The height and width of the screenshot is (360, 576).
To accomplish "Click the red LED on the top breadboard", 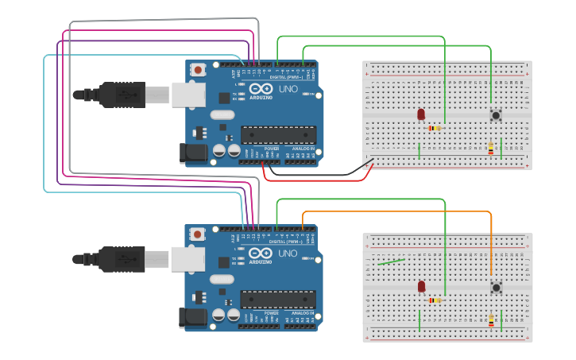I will pyautogui.click(x=421, y=114).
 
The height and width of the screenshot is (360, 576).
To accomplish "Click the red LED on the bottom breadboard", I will pyautogui.click(x=421, y=286).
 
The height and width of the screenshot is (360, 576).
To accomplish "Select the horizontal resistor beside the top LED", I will pyautogui.click(x=434, y=128).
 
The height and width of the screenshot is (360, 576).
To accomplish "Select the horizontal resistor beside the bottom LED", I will pyautogui.click(x=435, y=300).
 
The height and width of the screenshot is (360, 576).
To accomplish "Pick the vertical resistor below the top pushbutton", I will pyautogui.click(x=491, y=148).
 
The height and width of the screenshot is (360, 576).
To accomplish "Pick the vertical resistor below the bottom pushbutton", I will pyautogui.click(x=491, y=321).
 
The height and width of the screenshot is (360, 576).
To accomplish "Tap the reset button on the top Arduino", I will pyautogui.click(x=197, y=70).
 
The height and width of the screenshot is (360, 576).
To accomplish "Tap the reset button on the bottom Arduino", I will pyautogui.click(x=197, y=234).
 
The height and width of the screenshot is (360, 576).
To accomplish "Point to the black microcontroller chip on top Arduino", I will pyautogui.click(x=278, y=136).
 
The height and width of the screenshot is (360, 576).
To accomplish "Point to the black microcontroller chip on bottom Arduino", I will pyautogui.click(x=278, y=300).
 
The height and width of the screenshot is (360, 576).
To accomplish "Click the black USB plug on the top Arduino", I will pyautogui.click(x=111, y=95).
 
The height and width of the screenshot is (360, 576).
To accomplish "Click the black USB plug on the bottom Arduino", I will pyautogui.click(x=111, y=259).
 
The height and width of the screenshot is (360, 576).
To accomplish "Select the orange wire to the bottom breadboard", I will pyautogui.click(x=397, y=211).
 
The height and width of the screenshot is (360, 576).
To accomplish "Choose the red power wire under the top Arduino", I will pyautogui.click(x=318, y=180).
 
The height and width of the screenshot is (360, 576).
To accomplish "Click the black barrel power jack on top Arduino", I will pyautogui.click(x=193, y=153).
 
